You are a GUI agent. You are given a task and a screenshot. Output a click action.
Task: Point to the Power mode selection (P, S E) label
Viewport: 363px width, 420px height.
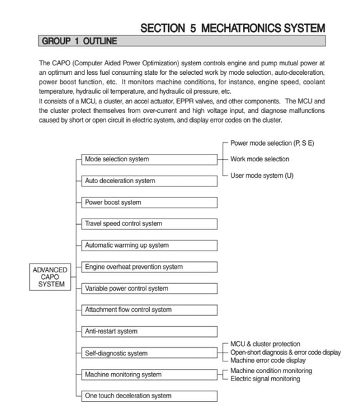tap(272, 144)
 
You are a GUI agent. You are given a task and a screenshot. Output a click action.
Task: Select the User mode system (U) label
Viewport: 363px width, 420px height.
tap(263, 175)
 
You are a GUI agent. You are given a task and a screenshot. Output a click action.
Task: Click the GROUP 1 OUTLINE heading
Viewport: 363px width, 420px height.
tap(80, 42)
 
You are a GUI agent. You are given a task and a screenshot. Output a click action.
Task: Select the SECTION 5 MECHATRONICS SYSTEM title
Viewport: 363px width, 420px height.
tap(232, 28)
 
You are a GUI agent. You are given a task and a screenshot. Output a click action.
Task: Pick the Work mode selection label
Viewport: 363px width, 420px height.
tap(259, 159)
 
